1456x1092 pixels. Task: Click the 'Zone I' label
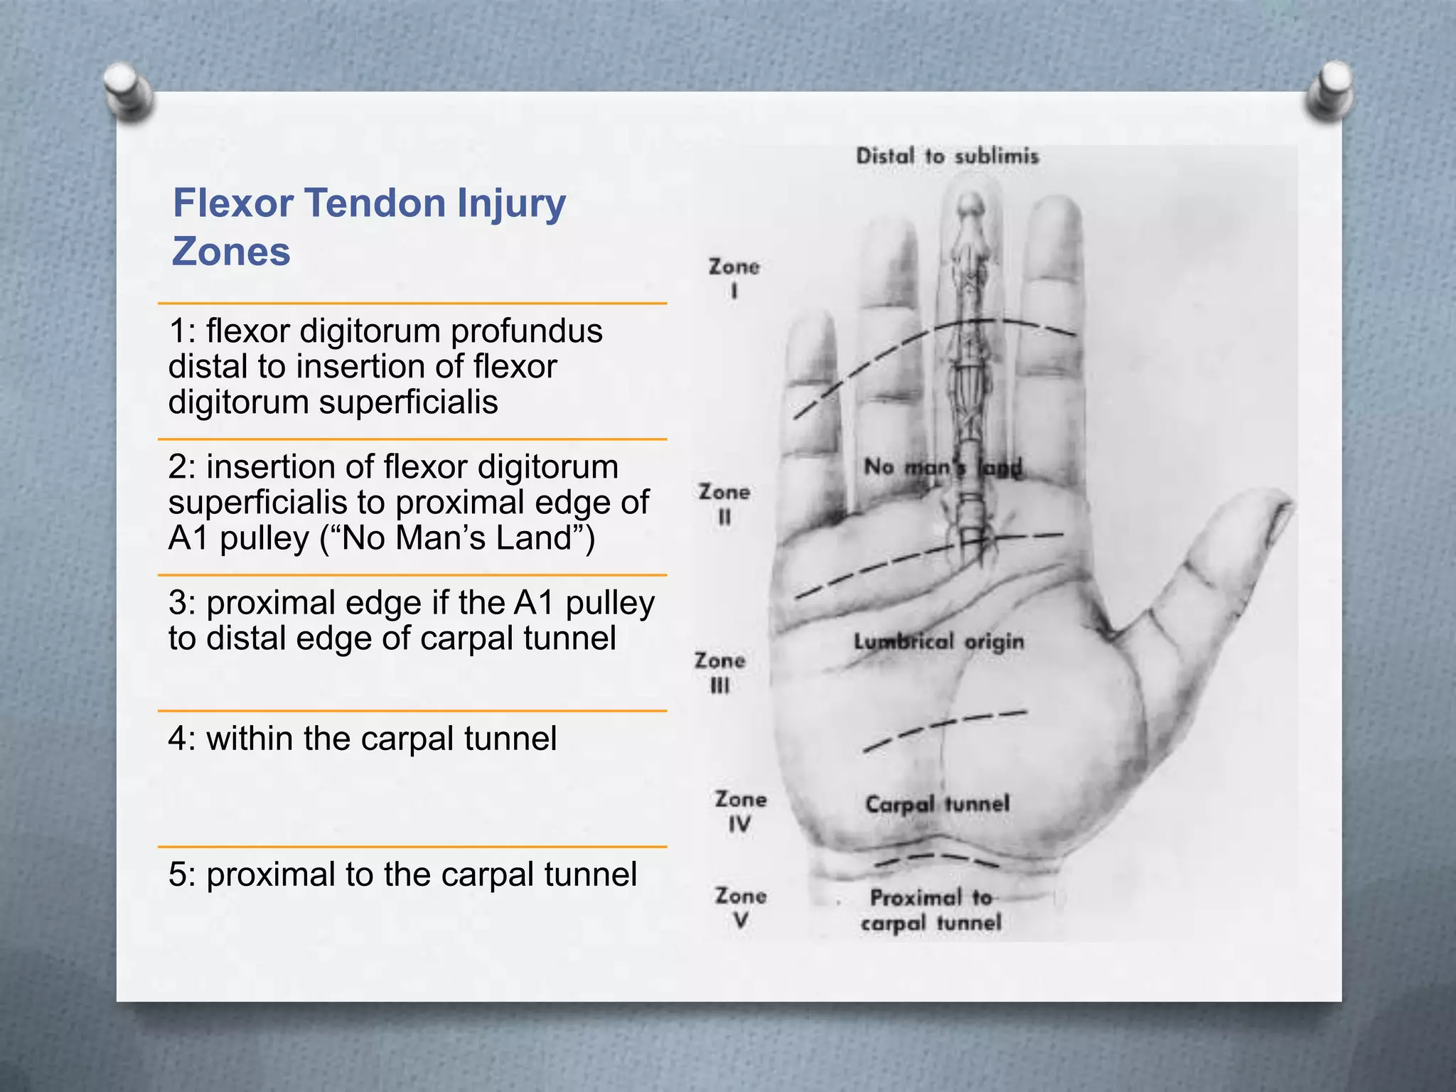[734, 278]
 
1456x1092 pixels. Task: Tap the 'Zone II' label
[724, 503]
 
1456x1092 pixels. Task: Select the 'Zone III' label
[719, 672]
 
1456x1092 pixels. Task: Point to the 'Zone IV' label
[740, 810]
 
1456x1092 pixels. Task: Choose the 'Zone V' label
[740, 907]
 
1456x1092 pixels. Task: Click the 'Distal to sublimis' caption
[947, 156]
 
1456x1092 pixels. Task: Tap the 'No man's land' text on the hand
[942, 467]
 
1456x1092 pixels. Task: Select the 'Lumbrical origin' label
[938, 642]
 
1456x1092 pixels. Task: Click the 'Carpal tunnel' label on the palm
[937, 804]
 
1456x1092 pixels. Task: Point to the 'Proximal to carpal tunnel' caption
[931, 910]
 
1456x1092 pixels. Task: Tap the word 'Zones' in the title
[231, 252]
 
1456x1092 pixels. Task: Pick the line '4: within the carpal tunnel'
[363, 739]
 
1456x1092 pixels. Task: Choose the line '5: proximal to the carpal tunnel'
[402, 874]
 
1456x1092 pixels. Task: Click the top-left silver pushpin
[128, 89]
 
